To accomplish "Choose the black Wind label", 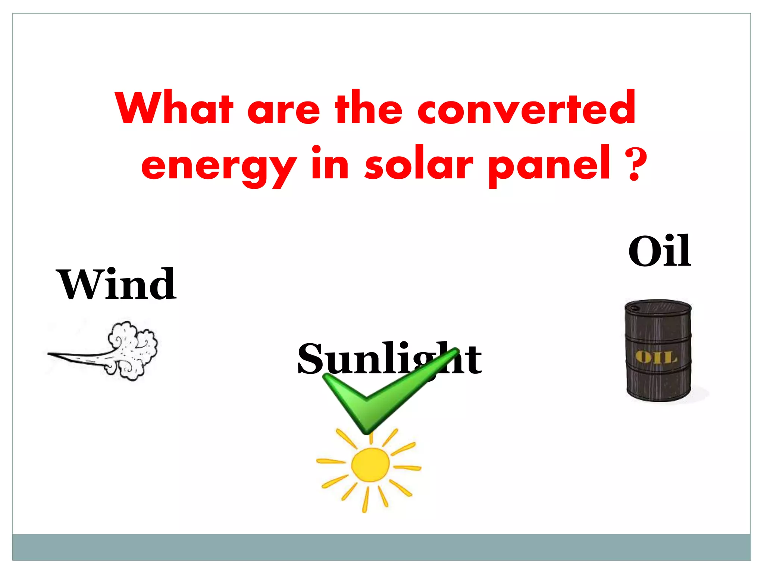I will pos(116,284).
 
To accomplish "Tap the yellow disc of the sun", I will pos(370,465).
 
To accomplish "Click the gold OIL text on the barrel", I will pos(657,357).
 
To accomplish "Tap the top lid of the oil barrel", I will pos(657,307).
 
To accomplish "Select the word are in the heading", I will pos(284,110).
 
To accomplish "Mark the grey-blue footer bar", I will pos(381,547).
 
